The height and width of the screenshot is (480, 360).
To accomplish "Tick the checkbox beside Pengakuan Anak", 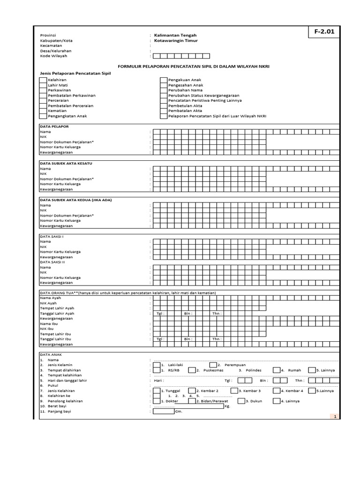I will point(164,80).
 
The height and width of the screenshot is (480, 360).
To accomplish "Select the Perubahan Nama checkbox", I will point(164,90).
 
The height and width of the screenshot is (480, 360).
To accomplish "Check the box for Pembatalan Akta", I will point(164,111).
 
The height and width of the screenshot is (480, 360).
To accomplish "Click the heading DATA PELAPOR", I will point(54,127).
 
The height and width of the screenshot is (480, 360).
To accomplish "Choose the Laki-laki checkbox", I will point(156,365).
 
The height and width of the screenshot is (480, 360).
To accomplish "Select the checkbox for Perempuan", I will point(213,365).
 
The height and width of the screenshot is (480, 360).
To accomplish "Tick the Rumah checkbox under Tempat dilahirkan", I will point(277,370).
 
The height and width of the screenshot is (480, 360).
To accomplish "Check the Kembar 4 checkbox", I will point(277,390).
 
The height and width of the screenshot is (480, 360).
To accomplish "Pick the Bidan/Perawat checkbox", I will point(192,401).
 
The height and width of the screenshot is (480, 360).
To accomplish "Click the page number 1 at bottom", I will point(335,416).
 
